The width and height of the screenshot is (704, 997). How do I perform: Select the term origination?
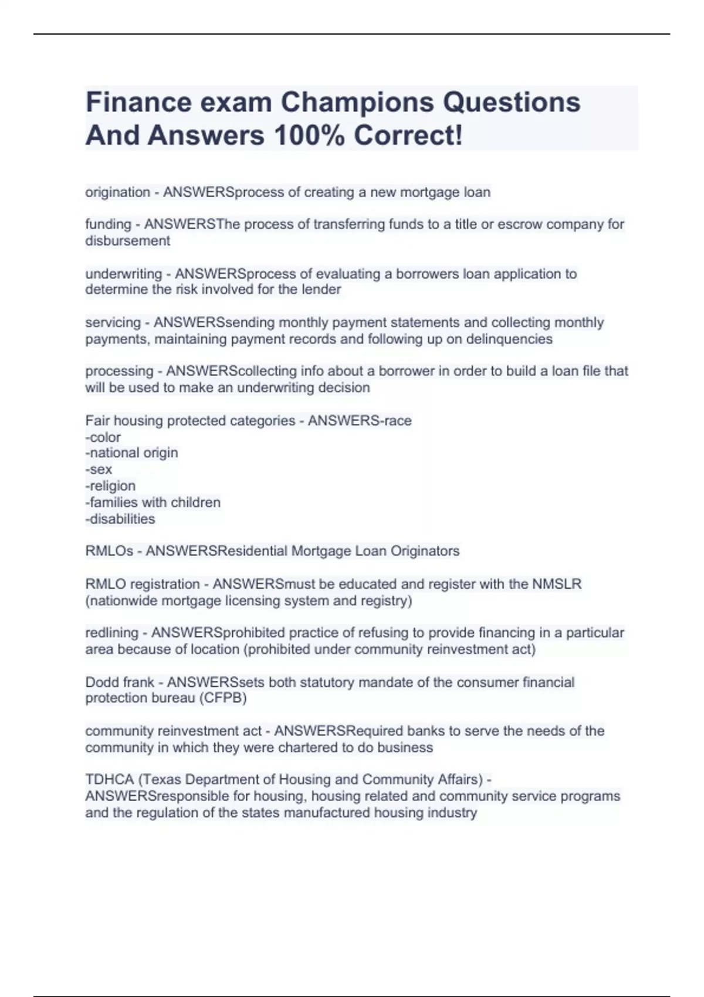pyautogui.click(x=117, y=192)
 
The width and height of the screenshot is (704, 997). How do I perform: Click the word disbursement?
pyautogui.click(x=127, y=240)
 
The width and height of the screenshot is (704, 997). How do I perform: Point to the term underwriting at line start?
pyautogui.click(x=123, y=274)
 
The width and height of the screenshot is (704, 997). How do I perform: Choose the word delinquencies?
pyautogui.click(x=509, y=339)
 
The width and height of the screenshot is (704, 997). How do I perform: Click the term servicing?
pyautogui.click(x=113, y=323)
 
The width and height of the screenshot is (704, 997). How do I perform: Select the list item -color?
pyautogui.click(x=103, y=437)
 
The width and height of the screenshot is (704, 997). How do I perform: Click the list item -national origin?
pyautogui.click(x=131, y=453)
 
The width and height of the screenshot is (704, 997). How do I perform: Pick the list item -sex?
pyautogui.click(x=99, y=469)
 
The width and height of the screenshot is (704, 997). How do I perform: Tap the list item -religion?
pyautogui.click(x=110, y=486)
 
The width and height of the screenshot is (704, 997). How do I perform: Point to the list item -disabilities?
pyautogui.click(x=120, y=519)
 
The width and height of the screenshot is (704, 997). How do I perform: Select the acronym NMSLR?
pyautogui.click(x=556, y=584)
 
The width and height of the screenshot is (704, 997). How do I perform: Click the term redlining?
pyautogui.click(x=111, y=633)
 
